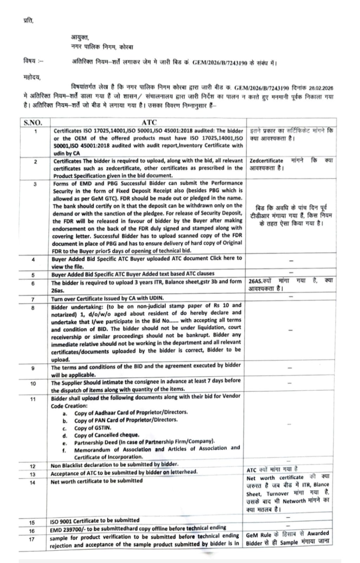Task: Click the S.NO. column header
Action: point(33,122)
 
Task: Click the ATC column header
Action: point(149,122)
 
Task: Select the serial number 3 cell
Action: point(35,184)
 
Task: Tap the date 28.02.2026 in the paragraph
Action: point(321,88)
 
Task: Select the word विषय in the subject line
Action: point(29,61)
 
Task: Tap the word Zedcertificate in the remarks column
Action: point(266,161)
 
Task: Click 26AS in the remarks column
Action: point(255,281)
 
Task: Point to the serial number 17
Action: point(32,539)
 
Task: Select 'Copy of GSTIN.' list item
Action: point(92,428)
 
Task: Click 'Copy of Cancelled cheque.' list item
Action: point(107,435)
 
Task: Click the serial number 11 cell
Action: point(33,399)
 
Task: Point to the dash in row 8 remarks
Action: point(290,330)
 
